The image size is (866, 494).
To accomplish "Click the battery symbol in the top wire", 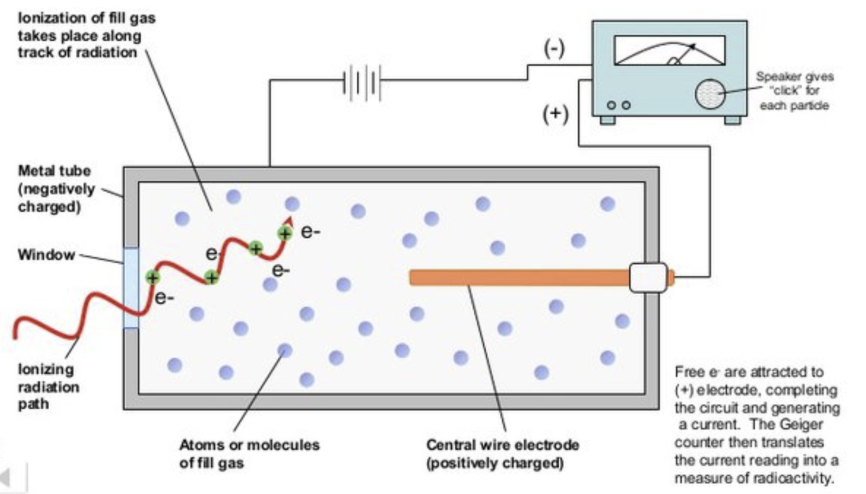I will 361,82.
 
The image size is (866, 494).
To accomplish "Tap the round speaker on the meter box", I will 709,94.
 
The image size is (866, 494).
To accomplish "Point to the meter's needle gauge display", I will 669,51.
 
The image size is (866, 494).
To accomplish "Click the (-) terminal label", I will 554,49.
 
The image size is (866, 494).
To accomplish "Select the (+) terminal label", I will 555,114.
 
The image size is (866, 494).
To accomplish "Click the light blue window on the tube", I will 131,288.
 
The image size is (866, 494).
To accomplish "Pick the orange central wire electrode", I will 518,277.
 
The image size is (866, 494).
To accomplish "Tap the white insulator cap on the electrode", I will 648,277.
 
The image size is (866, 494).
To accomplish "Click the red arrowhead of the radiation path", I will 288,221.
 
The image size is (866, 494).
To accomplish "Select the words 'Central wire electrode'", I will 502,445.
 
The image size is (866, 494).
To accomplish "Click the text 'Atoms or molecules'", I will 249,445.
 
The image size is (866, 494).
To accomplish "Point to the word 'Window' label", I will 46,255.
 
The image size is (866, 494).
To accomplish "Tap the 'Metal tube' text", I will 54,171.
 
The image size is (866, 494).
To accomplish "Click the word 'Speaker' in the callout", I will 773,77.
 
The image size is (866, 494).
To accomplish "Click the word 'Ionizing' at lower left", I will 46,369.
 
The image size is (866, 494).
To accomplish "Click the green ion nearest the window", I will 152,277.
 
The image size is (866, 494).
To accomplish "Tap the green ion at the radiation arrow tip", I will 285,233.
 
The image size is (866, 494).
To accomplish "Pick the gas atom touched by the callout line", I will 284,350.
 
